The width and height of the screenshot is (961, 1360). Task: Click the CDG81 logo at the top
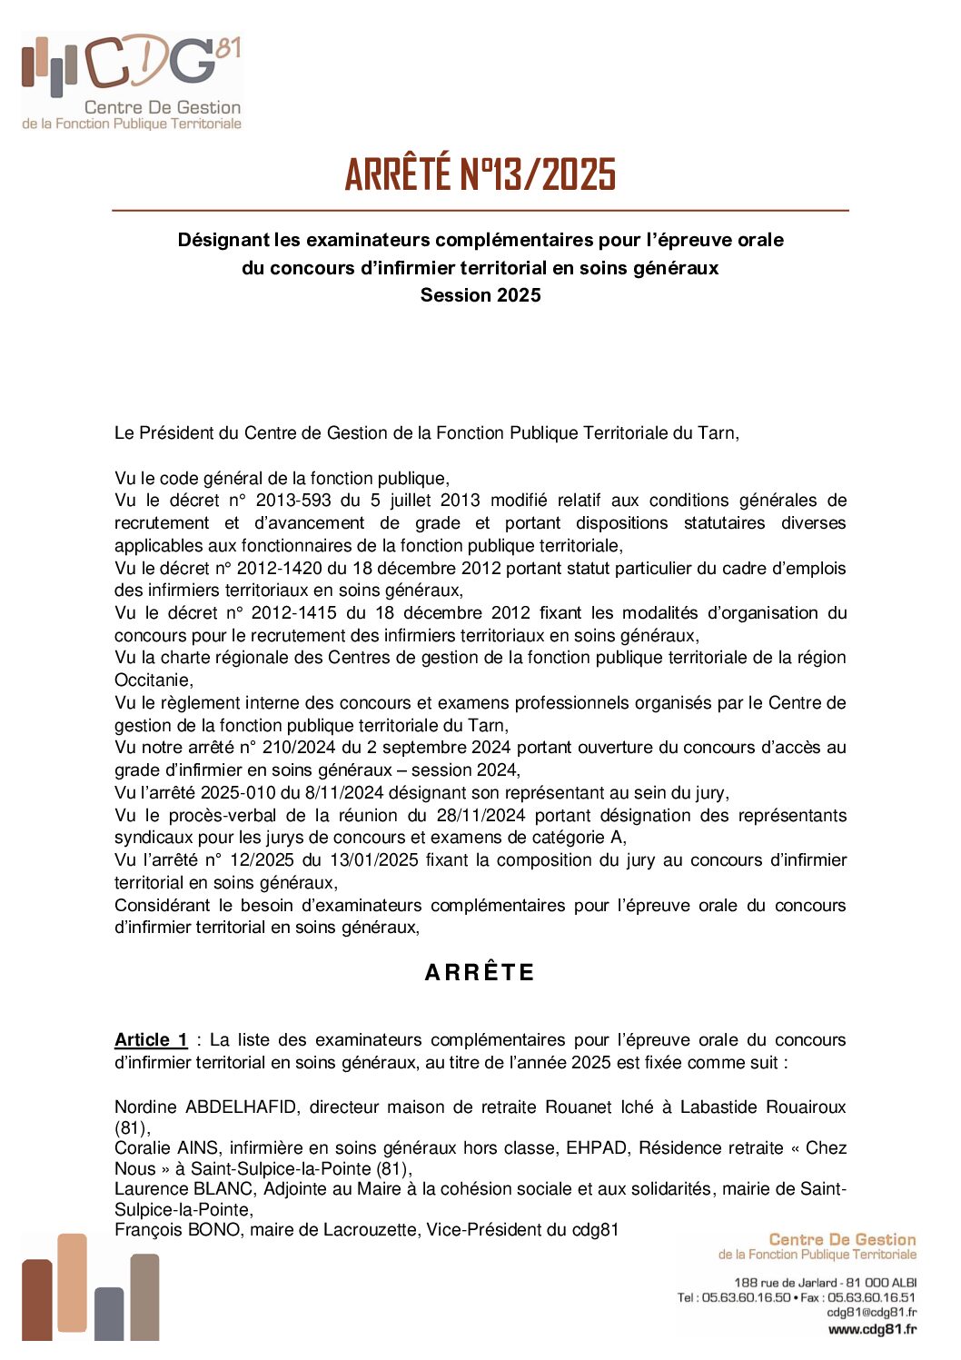(x=133, y=82)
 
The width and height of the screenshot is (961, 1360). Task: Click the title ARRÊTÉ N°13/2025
(x=480, y=174)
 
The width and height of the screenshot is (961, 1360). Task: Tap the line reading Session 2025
(x=480, y=295)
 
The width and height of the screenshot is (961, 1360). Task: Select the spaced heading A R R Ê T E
(x=480, y=972)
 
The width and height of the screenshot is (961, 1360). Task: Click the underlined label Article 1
(x=151, y=1040)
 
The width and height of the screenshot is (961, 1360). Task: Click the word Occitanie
(x=153, y=680)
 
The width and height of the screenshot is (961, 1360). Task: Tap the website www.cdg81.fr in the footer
(x=872, y=1329)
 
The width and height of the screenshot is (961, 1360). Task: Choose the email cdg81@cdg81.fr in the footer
(x=871, y=1313)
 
